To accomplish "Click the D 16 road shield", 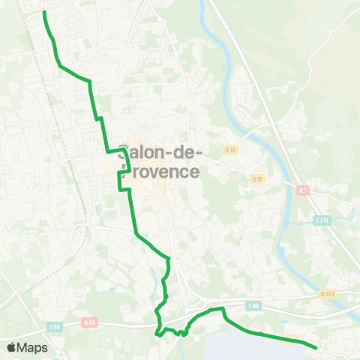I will tap(230, 150).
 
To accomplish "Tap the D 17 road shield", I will tap(257, 178).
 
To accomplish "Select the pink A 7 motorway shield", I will tap(304, 190).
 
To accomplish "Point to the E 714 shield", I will tap(322, 220).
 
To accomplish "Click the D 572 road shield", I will tap(326, 293).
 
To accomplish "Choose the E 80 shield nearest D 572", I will tap(253, 305).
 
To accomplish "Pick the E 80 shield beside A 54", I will tap(55, 326).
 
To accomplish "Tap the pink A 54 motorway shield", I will tap(90, 323).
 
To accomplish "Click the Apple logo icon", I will tap(12, 347).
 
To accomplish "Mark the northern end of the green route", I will tap(45, 13).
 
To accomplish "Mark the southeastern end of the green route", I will tap(316, 347).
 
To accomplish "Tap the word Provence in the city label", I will tap(161, 172).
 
